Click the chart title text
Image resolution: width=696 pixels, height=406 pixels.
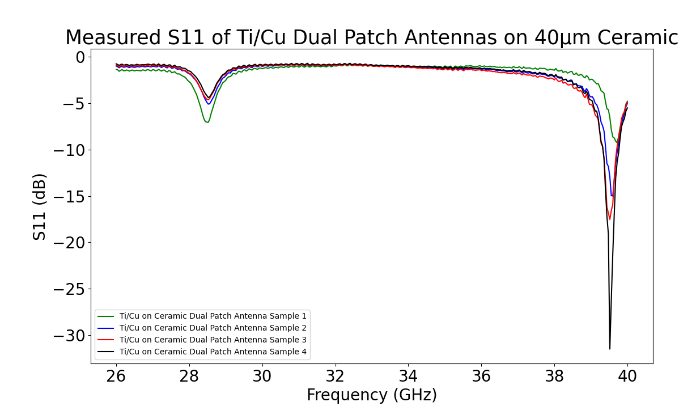[x=371, y=38]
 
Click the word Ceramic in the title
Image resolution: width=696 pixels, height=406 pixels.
[x=644, y=38]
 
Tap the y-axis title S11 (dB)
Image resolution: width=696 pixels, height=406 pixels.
[x=39, y=206]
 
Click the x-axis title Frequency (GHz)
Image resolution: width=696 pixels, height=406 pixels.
[x=371, y=395]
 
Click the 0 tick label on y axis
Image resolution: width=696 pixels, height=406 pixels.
[x=80, y=57]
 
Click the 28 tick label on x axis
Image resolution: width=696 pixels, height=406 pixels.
[x=189, y=376]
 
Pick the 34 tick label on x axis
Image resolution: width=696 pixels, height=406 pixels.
[x=408, y=376]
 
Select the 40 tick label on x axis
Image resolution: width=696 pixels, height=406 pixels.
[x=627, y=376]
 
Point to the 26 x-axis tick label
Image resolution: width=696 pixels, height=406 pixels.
[x=116, y=376]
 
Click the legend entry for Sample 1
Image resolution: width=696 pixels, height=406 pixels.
[x=213, y=316]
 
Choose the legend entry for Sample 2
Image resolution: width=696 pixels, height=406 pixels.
[x=213, y=328]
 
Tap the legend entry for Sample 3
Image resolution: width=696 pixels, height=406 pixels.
[x=213, y=340]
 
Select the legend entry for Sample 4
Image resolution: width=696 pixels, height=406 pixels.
[x=213, y=352]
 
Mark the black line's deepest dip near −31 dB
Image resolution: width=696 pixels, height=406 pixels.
[x=610, y=348]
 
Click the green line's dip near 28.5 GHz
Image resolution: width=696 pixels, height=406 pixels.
[x=207, y=122]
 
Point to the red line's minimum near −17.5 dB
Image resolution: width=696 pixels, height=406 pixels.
[x=610, y=219]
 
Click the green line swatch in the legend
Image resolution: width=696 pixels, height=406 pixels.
[x=106, y=316]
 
